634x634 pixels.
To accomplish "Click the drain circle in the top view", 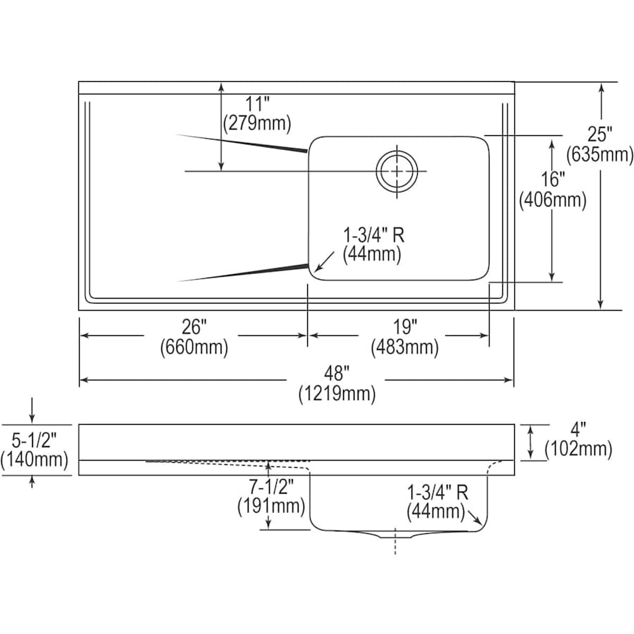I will pos(397,170).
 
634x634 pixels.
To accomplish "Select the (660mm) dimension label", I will pos(194,347).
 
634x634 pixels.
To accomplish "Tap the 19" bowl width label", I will pos(406,326).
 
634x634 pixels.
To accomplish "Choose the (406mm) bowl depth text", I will pos(553,200).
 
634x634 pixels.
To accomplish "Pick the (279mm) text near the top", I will pos(256,123).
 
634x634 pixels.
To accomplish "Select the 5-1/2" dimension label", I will pos(34,440).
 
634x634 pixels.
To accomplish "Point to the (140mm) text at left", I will pos(35,460).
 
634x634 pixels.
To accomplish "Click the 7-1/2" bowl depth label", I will pos(271,486).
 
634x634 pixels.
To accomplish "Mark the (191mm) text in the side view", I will pos(271,506).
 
